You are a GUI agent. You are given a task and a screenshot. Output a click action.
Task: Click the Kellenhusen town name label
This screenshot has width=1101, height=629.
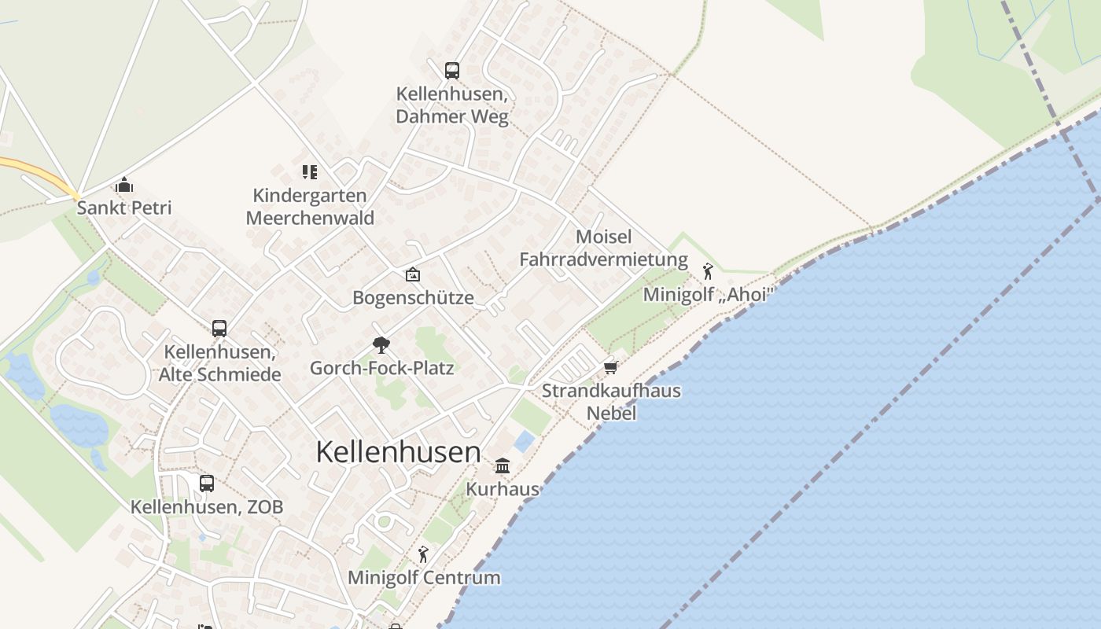pos(398,452)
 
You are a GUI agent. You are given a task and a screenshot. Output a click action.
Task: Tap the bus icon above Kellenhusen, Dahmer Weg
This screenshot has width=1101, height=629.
pos(451,71)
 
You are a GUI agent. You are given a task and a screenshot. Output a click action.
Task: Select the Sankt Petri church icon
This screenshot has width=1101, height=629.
pos(123,186)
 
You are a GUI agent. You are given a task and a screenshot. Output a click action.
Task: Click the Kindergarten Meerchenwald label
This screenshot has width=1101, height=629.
pos(310,207)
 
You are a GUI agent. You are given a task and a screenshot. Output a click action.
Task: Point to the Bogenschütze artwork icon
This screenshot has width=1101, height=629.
pos(412,274)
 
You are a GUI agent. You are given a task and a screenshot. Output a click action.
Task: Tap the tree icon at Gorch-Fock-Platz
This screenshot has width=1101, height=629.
pos(381,344)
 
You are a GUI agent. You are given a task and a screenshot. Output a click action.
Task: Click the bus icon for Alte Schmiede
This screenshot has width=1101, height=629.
pos(219,328)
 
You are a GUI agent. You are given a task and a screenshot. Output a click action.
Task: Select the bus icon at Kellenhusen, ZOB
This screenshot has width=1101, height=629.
pos(206,484)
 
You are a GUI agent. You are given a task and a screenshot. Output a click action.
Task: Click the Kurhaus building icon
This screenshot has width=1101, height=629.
pos(503,465)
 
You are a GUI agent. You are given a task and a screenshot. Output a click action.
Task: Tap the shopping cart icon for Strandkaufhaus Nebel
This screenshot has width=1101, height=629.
pos(610,367)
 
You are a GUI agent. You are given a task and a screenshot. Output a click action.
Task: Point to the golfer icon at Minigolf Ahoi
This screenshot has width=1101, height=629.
pos(708,271)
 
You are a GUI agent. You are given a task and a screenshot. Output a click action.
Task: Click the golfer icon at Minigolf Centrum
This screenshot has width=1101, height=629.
pos(423,554)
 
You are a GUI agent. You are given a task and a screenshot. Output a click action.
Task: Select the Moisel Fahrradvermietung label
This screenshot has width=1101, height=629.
pos(603,248)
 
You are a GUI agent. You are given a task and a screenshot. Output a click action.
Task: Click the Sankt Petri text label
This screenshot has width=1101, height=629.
pos(124,208)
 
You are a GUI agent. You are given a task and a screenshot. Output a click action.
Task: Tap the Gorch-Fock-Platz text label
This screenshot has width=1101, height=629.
pos(381,367)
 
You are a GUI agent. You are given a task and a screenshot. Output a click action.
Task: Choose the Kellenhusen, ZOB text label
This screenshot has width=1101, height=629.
pos(207,507)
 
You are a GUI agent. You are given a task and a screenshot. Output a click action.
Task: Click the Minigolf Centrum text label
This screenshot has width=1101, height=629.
pos(424,578)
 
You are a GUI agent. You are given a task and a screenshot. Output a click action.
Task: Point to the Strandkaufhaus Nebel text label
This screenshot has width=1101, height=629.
pos(611,402)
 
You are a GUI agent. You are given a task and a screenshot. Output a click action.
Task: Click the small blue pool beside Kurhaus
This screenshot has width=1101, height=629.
pos(525,441)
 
